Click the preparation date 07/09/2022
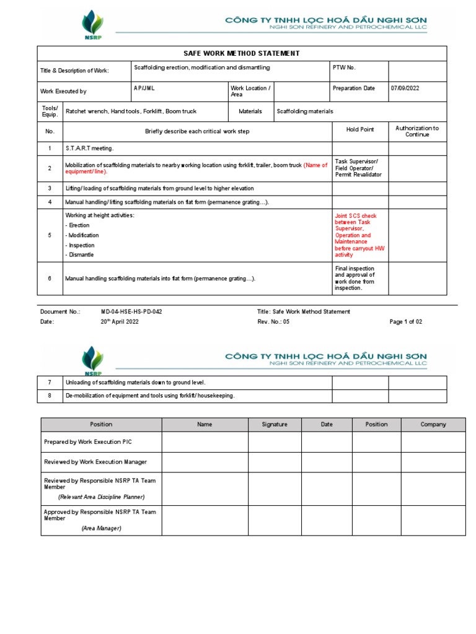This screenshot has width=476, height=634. point(405,89)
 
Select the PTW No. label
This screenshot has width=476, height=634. point(344,67)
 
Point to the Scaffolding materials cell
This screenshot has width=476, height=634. point(304,111)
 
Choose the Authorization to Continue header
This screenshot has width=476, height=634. point(416,131)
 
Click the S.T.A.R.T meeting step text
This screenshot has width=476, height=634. point(90,149)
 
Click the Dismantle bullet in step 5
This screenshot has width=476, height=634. point(81,255)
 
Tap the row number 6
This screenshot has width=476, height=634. point(50,279)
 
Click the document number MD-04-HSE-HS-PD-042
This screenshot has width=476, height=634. point(131,312)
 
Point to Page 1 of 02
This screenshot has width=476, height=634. point(405,322)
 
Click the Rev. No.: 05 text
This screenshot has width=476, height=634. point(273,322)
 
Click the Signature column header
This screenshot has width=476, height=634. point(275,425)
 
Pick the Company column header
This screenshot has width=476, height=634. point(433,425)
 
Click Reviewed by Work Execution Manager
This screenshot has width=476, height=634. point(95,462)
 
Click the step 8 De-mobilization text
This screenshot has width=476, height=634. point(150,396)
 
